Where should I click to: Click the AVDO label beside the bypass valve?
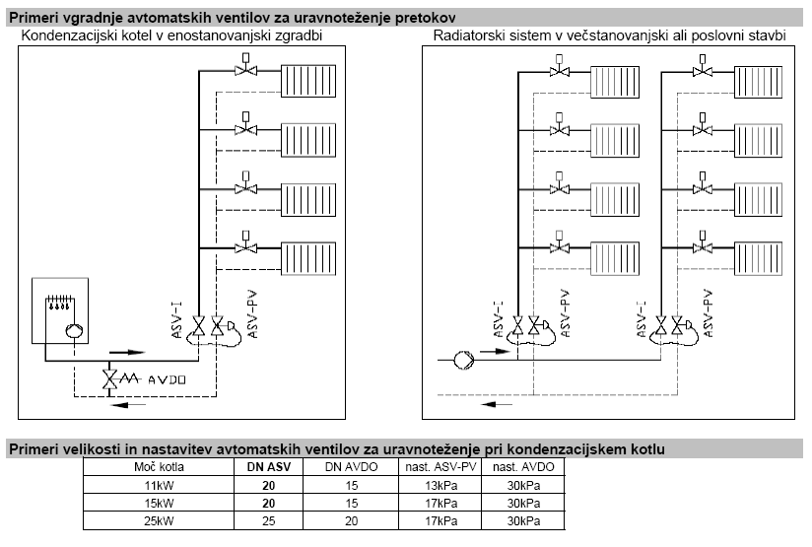166,379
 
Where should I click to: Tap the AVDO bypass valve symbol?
117,379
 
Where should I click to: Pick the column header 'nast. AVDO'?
522,465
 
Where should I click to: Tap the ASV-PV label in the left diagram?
253,314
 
